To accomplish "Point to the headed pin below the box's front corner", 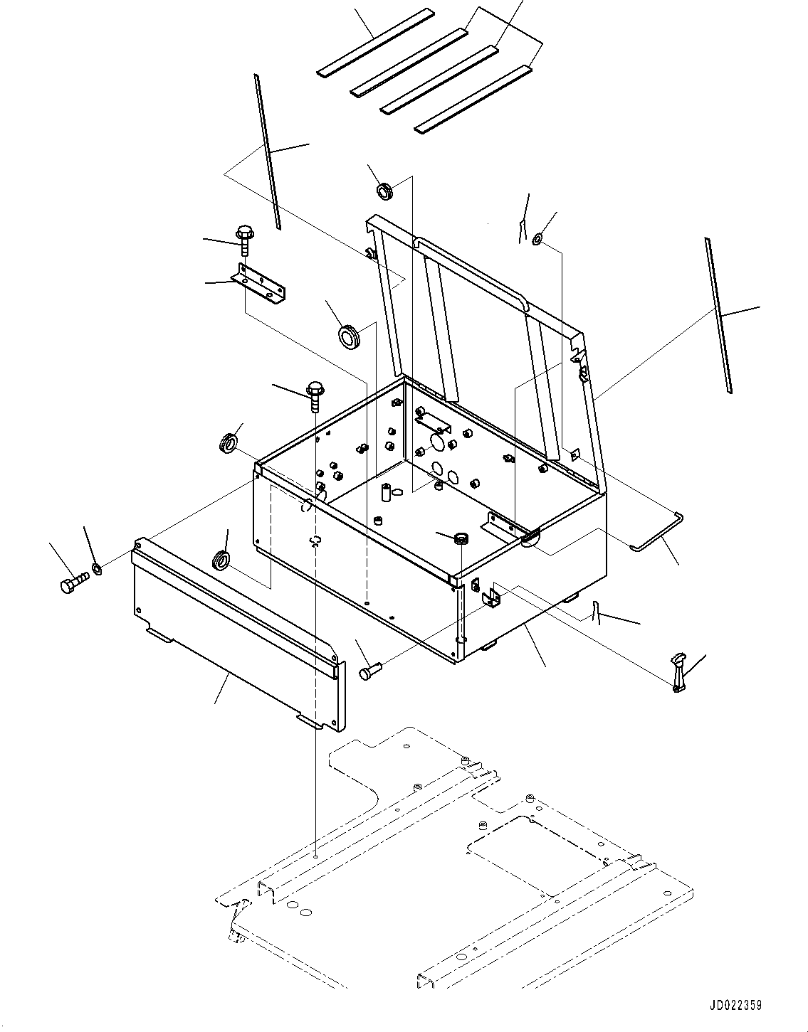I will (370, 669).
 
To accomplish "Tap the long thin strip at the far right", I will (718, 315).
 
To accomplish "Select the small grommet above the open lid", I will (384, 190).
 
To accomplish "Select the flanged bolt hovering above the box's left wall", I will (314, 395).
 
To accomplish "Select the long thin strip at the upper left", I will (267, 152).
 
